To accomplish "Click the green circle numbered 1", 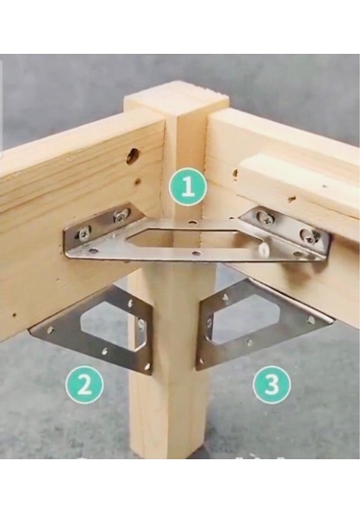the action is (188, 186).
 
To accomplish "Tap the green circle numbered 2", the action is (84, 384).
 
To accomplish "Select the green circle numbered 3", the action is (272, 383).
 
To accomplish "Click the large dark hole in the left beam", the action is (132, 156).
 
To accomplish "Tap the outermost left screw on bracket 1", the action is (84, 233).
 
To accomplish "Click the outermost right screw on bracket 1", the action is (307, 234).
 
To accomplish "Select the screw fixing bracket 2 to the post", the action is (141, 325).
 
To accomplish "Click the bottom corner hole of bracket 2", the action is (148, 365).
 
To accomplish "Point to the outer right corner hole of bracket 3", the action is (308, 318).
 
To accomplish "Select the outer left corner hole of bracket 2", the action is (50, 329).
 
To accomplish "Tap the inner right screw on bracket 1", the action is (263, 215).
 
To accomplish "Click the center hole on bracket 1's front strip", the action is (196, 253).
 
